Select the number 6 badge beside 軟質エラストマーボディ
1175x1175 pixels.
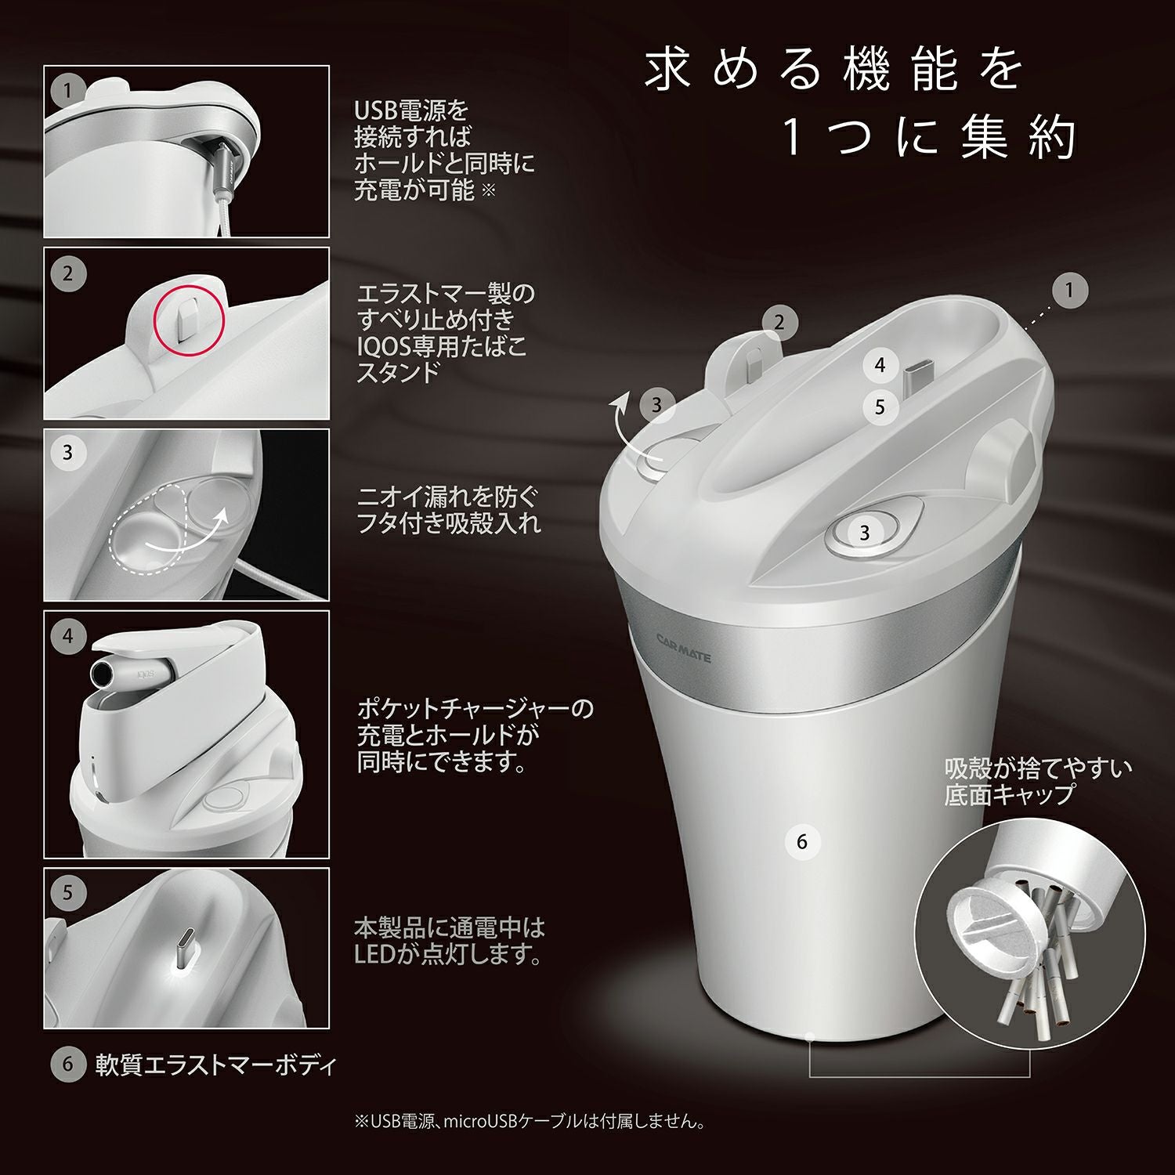coord(67,1065)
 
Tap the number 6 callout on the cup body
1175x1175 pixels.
coord(801,842)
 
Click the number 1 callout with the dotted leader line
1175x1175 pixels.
coord(1068,291)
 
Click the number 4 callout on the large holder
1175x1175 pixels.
coord(880,365)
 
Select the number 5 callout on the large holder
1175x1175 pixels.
coord(880,407)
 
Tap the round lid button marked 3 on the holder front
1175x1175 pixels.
coord(864,533)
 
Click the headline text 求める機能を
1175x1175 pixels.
coord(833,69)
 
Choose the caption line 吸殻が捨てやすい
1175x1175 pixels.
coord(1037,768)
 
